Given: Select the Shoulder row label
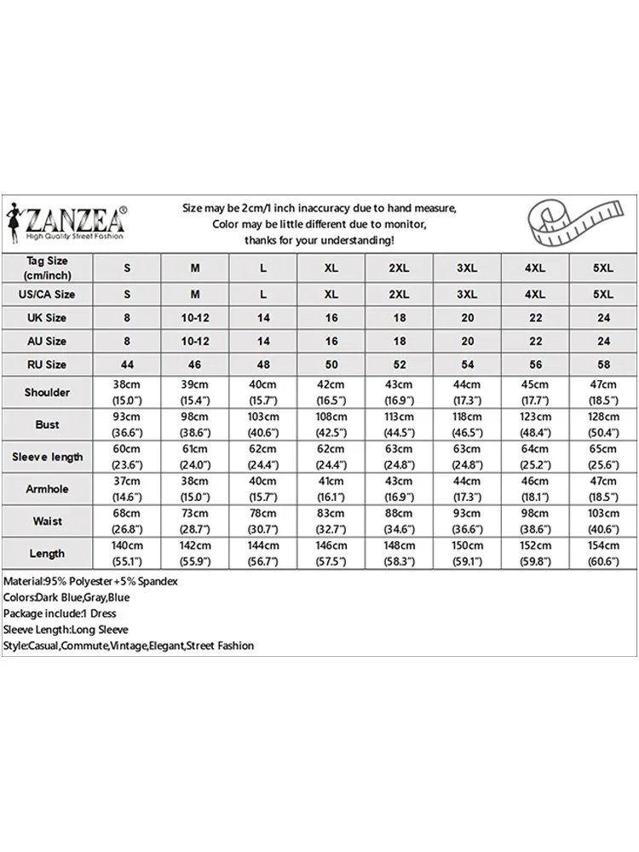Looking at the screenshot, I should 47,392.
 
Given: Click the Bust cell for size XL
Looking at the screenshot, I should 331,424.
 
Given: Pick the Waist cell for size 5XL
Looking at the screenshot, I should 603,521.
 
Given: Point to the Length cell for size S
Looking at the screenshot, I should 127,554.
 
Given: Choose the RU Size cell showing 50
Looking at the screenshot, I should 331,365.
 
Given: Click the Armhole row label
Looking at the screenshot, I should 47,489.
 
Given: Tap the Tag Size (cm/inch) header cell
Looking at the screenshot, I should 47,268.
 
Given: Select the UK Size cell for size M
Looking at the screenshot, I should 195,318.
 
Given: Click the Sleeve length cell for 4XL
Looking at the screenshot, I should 534,457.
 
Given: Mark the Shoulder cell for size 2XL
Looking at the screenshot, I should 399,392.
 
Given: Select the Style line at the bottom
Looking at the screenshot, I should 129,646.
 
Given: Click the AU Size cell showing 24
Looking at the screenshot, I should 603,341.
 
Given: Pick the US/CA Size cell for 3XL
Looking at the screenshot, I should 466,294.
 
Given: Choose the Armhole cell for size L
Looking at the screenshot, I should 263,489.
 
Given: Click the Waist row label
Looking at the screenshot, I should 47,521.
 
